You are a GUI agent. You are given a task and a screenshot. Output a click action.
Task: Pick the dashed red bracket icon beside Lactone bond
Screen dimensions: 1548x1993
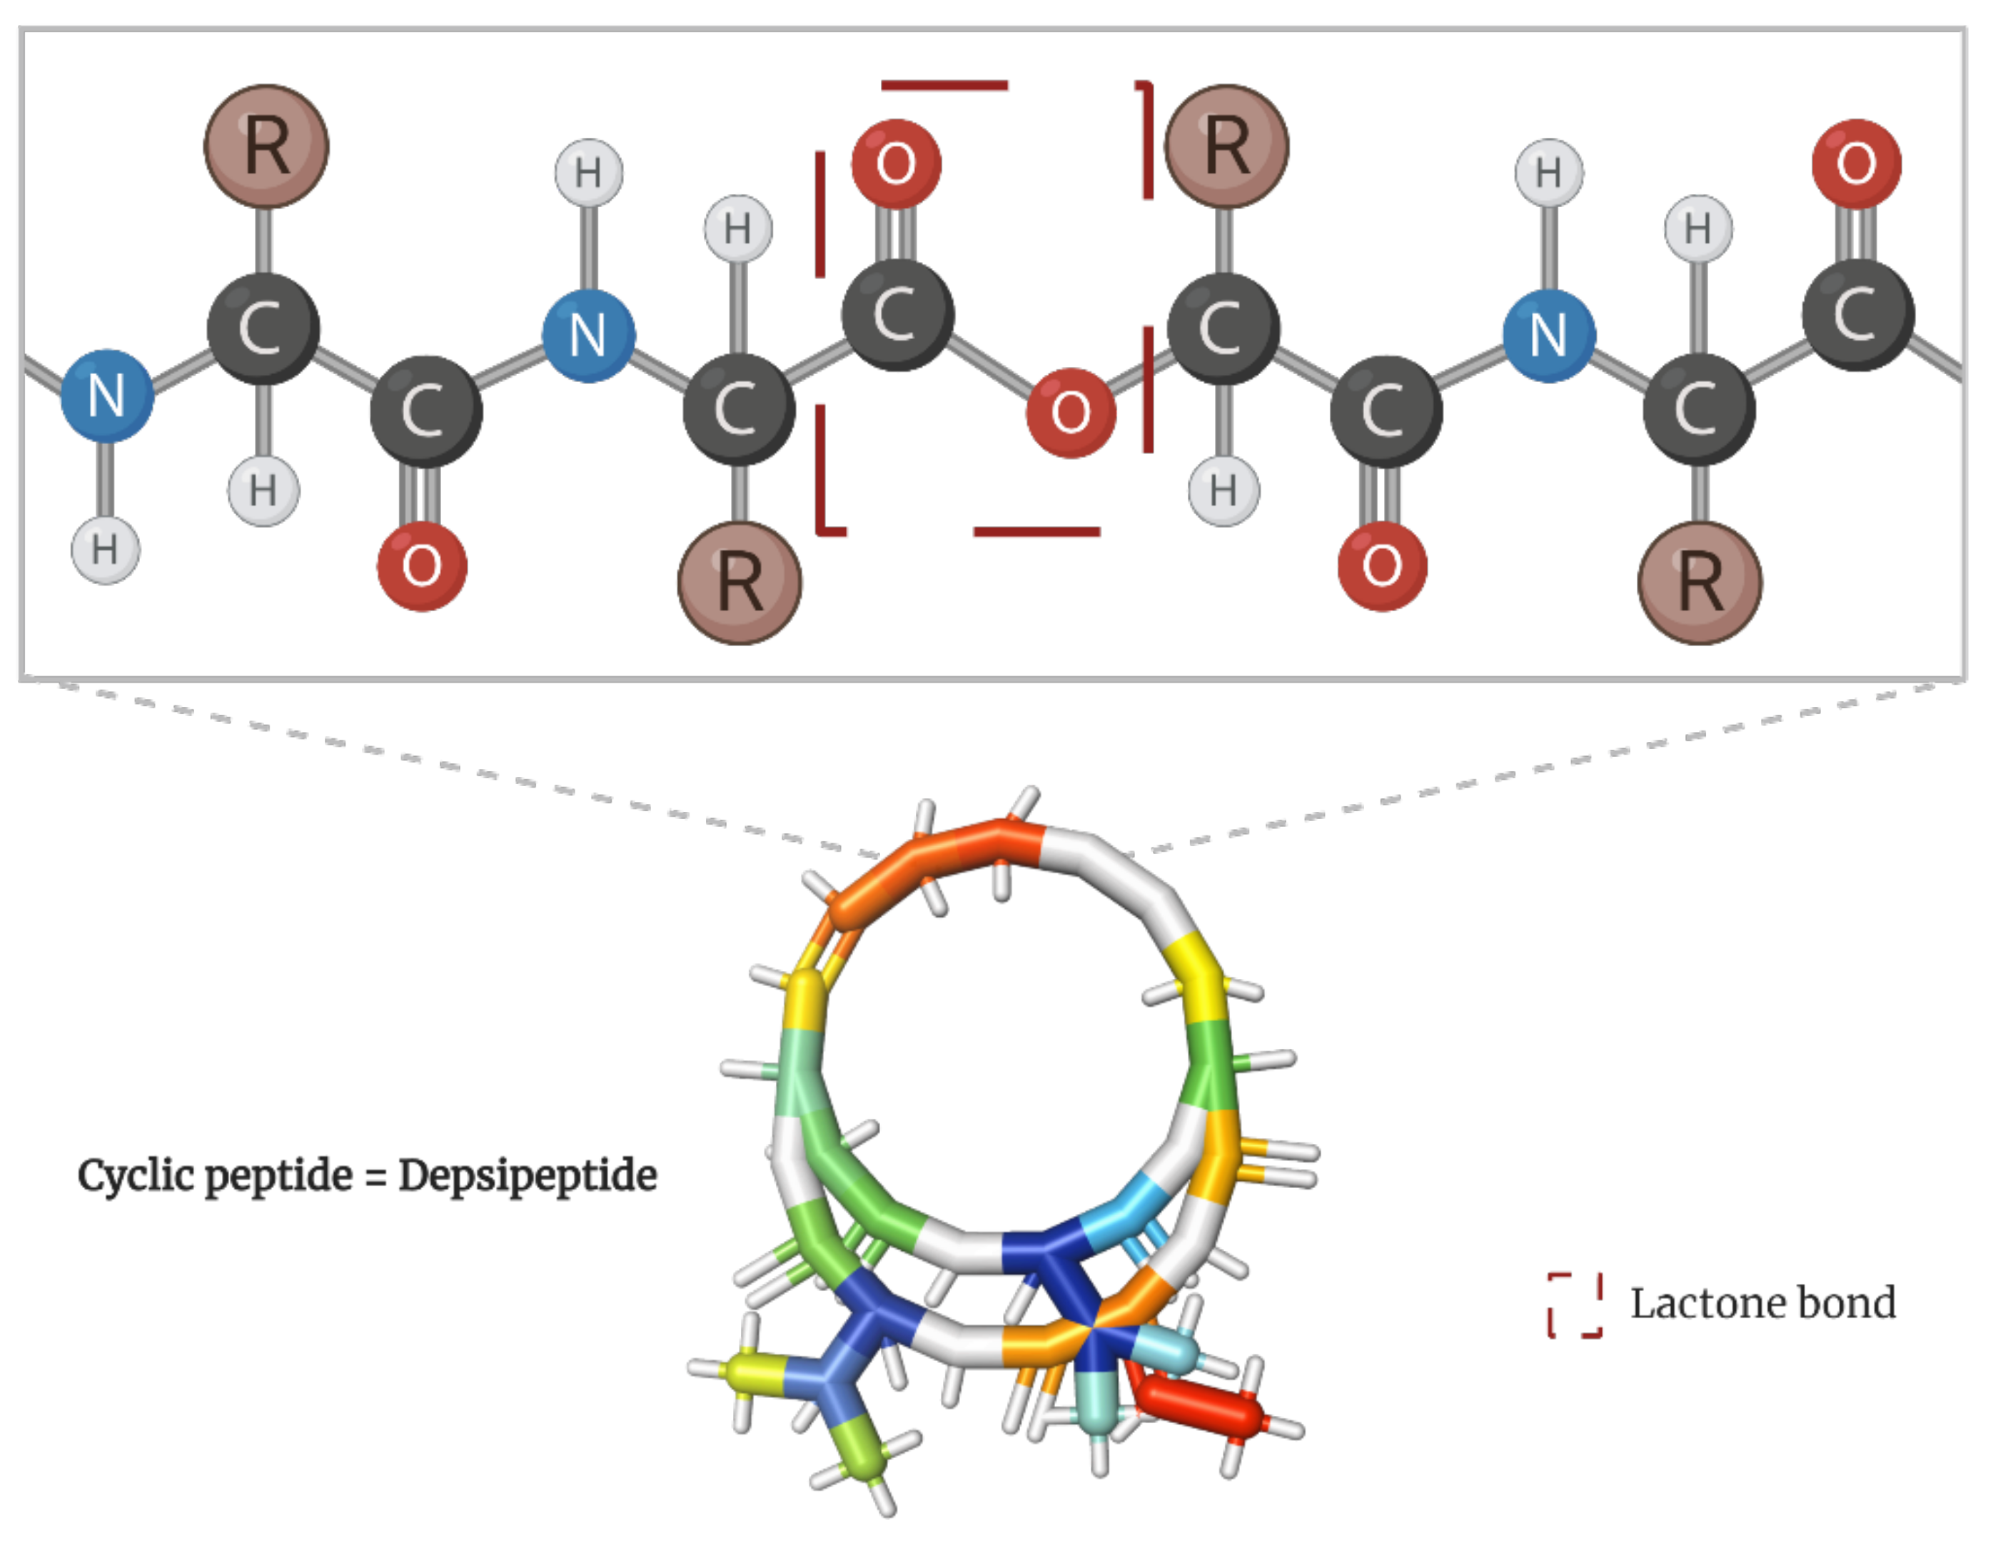(1574, 1305)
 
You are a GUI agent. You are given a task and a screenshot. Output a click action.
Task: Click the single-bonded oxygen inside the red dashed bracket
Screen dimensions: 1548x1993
(1071, 413)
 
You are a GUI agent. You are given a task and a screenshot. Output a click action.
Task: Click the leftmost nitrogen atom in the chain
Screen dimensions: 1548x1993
(107, 396)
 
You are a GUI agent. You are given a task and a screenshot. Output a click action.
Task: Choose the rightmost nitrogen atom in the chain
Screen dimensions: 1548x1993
(1548, 335)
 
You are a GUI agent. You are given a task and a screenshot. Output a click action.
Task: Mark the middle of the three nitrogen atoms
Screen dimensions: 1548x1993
(589, 335)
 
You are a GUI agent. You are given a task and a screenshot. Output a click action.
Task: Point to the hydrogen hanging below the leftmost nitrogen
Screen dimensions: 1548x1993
(106, 550)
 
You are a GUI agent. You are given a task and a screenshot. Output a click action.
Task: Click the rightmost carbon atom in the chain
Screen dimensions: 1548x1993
(1857, 315)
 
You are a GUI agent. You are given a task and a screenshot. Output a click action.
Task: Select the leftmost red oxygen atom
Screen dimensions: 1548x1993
(422, 566)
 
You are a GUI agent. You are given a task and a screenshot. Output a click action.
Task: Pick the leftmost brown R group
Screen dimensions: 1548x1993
(266, 146)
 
